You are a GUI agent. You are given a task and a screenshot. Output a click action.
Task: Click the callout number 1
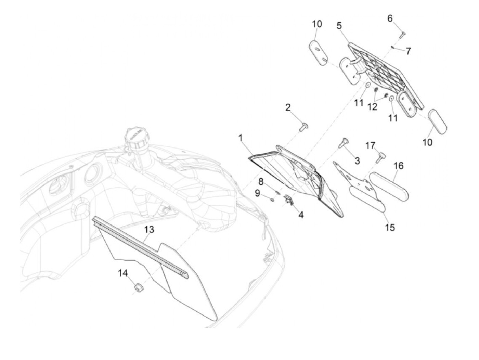coord(241,138)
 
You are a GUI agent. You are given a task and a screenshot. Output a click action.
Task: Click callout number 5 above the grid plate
coord(339,26)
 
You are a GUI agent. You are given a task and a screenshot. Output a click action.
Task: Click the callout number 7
coord(408,51)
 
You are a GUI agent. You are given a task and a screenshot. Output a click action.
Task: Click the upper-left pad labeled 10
coord(319,52)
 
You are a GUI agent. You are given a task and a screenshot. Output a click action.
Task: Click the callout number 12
coord(372,107)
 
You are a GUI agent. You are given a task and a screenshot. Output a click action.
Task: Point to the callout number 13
coord(149,230)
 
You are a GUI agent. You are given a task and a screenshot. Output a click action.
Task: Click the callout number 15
coord(390,227)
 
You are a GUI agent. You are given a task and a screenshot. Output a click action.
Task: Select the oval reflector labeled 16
coord(389,185)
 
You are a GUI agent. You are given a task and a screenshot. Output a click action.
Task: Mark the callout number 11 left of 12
coord(359,102)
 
